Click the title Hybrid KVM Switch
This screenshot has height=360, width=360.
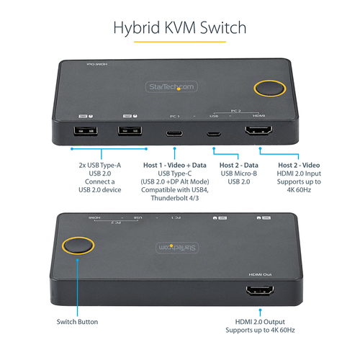tap(180, 28)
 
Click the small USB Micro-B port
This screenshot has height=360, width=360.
tap(214, 132)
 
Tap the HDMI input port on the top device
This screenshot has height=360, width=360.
tap(258, 132)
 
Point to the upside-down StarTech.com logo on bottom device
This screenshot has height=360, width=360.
tap(176, 247)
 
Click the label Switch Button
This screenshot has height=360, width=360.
tap(78, 321)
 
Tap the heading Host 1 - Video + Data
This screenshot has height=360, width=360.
tap(176, 165)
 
